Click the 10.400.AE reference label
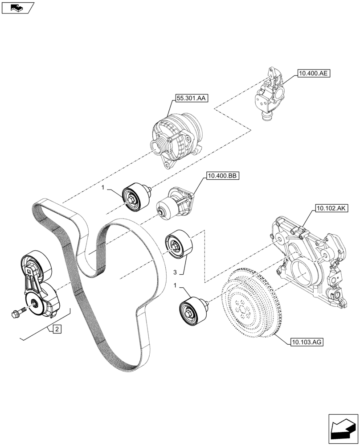(311, 74)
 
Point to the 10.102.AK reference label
(331, 208)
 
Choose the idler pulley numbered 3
(178, 245)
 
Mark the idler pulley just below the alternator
(134, 197)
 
